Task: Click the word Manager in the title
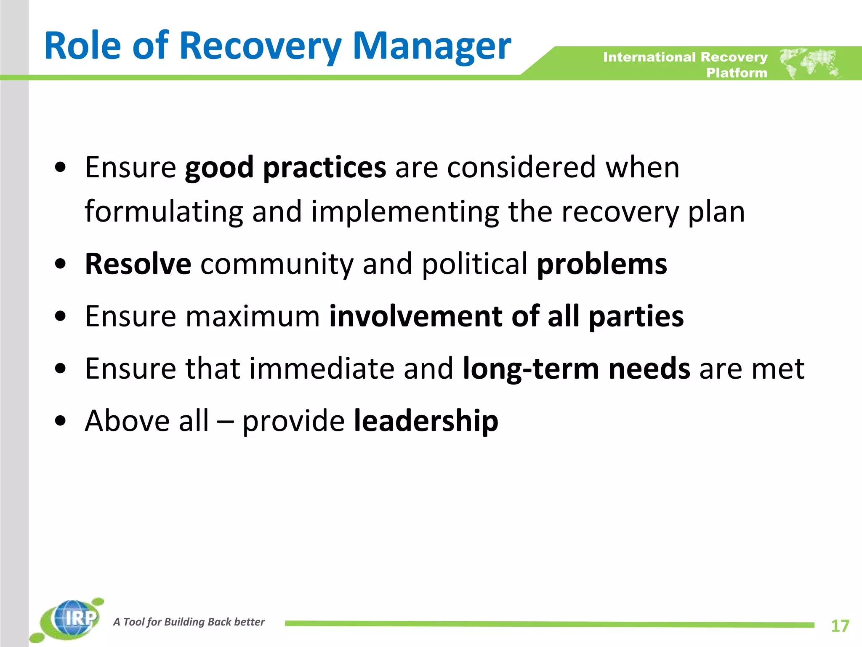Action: point(431,46)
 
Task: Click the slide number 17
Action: point(840,626)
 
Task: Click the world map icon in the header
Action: point(809,63)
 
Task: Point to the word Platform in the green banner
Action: point(737,73)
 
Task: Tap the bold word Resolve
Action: point(138,264)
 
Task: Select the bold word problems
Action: point(602,264)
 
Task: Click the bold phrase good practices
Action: point(285,167)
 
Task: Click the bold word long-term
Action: point(530,369)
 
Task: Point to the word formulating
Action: point(164,211)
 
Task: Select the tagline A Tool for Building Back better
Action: point(189,622)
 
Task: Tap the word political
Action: point(474,264)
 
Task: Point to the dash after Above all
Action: point(225,421)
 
